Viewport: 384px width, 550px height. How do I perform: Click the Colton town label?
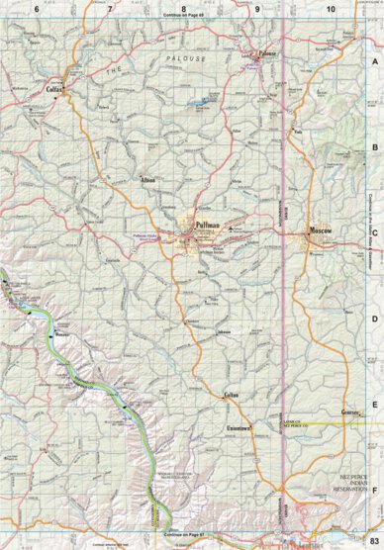click(233, 395)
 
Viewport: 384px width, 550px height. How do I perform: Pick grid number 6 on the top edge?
click(37, 8)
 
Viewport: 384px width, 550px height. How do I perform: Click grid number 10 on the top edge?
click(331, 8)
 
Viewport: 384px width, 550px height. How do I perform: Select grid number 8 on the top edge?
click(183, 8)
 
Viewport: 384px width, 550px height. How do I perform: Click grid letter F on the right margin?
click(374, 489)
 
